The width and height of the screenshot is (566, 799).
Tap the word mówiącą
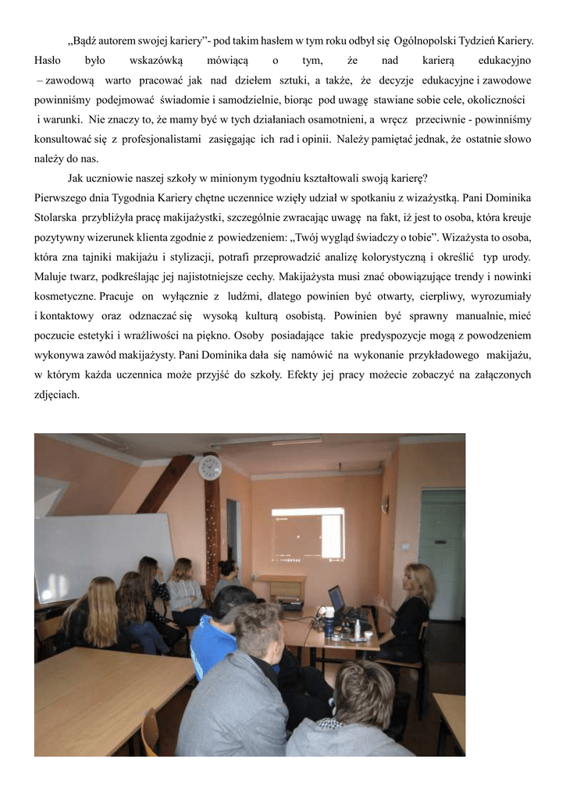[227, 59]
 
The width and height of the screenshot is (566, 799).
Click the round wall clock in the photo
[209, 467]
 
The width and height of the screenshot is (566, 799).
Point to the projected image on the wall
[308, 536]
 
